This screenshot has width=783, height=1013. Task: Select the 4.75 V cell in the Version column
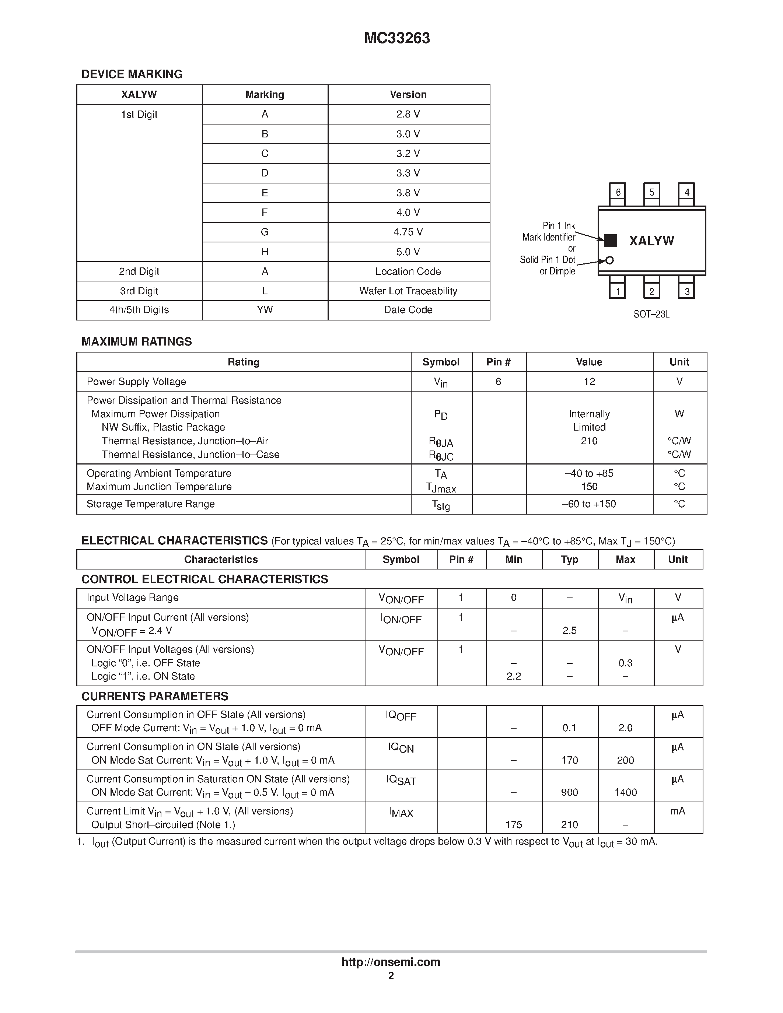[x=408, y=232]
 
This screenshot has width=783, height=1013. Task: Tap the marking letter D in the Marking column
[x=265, y=173]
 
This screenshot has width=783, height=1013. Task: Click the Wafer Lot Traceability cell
[x=408, y=291]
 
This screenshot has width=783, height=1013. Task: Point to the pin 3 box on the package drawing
[x=686, y=291]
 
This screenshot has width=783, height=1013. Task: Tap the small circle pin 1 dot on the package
[x=609, y=260]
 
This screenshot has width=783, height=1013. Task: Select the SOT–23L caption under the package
[x=651, y=315]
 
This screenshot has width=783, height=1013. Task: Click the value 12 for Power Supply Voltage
[x=589, y=381]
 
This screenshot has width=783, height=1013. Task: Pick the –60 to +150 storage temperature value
[x=589, y=504]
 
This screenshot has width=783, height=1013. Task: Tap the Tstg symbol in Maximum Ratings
[x=441, y=505]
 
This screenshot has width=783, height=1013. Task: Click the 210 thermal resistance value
[x=589, y=441]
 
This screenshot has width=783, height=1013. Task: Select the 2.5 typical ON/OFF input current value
[x=569, y=630]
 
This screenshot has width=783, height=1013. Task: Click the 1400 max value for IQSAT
[x=625, y=792]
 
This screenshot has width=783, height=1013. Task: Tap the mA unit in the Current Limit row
[x=677, y=811]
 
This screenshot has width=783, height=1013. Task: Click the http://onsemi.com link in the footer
[x=391, y=961]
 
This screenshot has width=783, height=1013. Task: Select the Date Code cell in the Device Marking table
[x=408, y=310]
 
